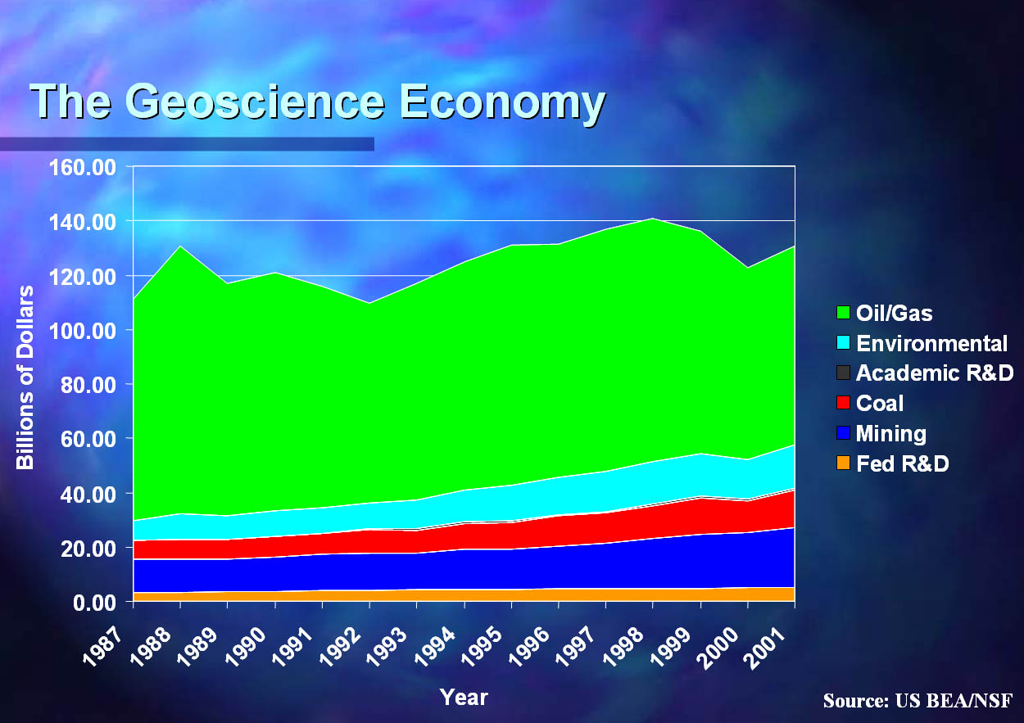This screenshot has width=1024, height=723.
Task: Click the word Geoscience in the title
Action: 254,102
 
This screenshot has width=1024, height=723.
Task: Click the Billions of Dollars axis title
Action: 25,377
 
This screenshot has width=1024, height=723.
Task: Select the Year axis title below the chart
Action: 464,698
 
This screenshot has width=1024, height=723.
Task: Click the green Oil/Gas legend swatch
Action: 842,313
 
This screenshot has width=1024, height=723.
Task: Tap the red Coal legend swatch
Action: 842,404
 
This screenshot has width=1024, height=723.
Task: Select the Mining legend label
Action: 890,433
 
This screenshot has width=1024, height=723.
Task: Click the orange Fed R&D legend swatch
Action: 842,464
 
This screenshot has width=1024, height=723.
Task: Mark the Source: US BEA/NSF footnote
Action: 918,701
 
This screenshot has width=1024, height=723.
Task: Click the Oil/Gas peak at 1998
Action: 653,219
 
